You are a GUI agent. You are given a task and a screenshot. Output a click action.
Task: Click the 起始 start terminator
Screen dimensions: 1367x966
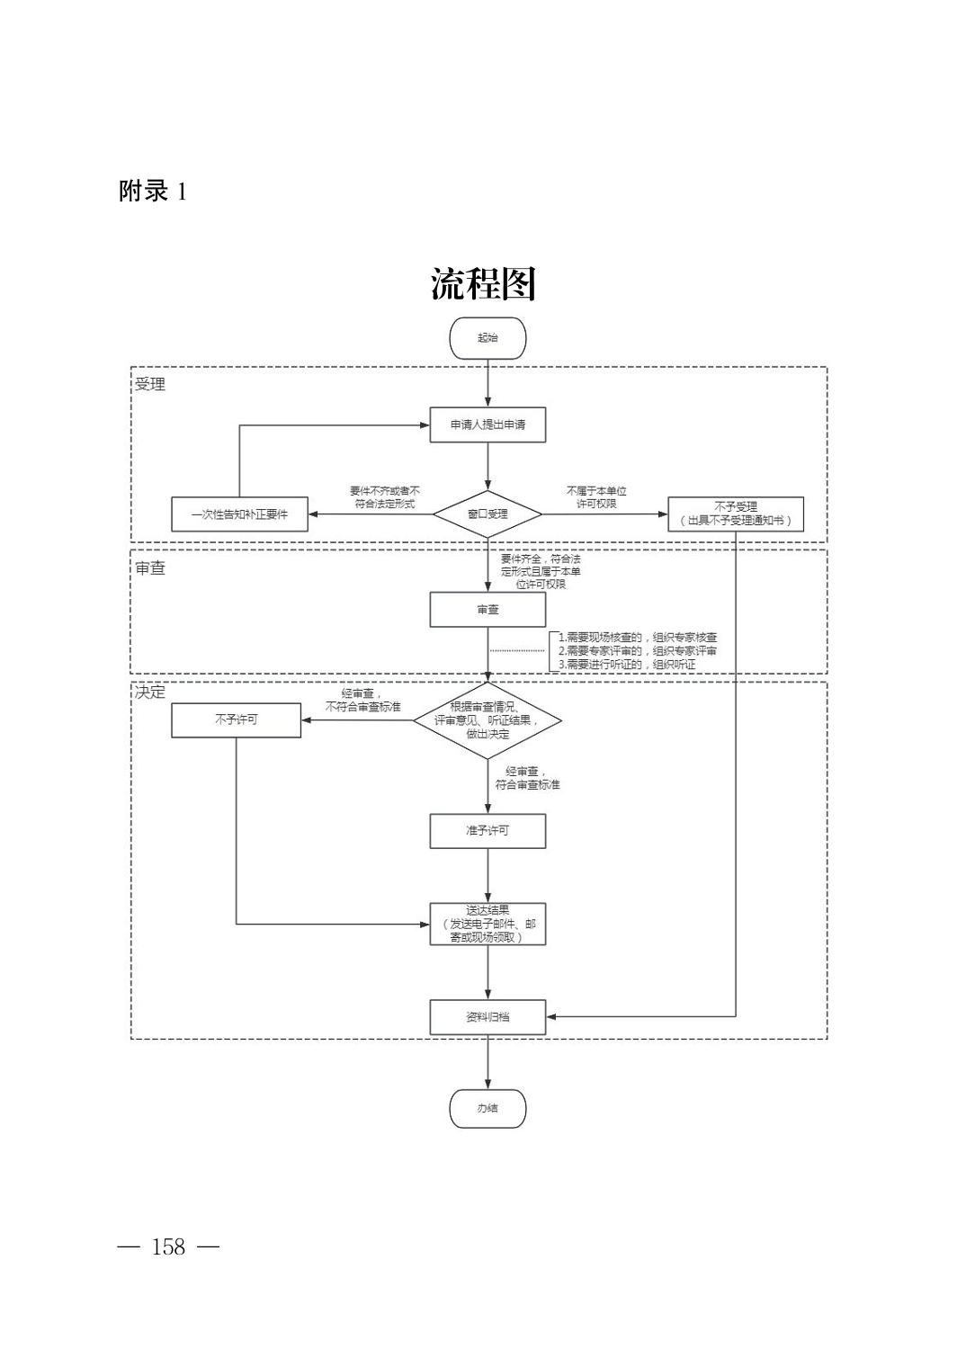(x=487, y=338)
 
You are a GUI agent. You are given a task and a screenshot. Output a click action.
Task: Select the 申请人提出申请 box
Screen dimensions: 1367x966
(x=487, y=424)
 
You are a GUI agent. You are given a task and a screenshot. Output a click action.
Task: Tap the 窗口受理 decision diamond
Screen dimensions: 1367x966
(x=487, y=514)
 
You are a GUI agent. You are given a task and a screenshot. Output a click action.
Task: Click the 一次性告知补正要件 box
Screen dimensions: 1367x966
(x=239, y=514)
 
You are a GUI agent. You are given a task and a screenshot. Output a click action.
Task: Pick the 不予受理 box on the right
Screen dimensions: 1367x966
(x=735, y=514)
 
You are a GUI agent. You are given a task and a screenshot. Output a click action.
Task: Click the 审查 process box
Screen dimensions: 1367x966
(x=487, y=609)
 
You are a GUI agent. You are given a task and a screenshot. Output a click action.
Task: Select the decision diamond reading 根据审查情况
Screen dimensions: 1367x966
(x=487, y=720)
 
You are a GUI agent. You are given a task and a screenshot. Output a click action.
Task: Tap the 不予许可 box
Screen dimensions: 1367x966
(x=236, y=719)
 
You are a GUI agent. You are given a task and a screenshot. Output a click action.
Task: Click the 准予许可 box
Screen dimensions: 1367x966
(x=487, y=830)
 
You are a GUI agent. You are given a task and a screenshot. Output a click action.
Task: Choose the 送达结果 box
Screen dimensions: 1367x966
(x=487, y=924)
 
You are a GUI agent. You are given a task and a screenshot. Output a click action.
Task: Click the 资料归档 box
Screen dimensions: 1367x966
(x=487, y=1016)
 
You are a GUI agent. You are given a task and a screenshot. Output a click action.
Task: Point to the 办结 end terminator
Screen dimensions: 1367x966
(x=487, y=1108)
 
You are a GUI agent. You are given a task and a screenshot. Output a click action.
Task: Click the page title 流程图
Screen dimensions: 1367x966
(x=483, y=284)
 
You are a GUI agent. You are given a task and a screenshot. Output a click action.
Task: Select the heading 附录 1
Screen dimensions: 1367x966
(x=153, y=192)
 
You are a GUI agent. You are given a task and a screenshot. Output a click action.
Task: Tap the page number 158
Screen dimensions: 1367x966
(x=168, y=1246)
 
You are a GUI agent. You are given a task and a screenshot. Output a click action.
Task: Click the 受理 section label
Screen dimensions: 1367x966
(x=150, y=385)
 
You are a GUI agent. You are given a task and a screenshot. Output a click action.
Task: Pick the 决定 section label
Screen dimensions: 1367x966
(x=150, y=692)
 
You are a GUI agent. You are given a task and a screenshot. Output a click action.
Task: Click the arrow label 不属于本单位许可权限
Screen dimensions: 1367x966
(x=596, y=497)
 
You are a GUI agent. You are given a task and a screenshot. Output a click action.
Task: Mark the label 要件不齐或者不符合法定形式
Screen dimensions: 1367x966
(x=384, y=497)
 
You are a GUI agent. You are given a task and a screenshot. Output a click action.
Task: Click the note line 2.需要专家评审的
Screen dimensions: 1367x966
(x=638, y=650)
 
